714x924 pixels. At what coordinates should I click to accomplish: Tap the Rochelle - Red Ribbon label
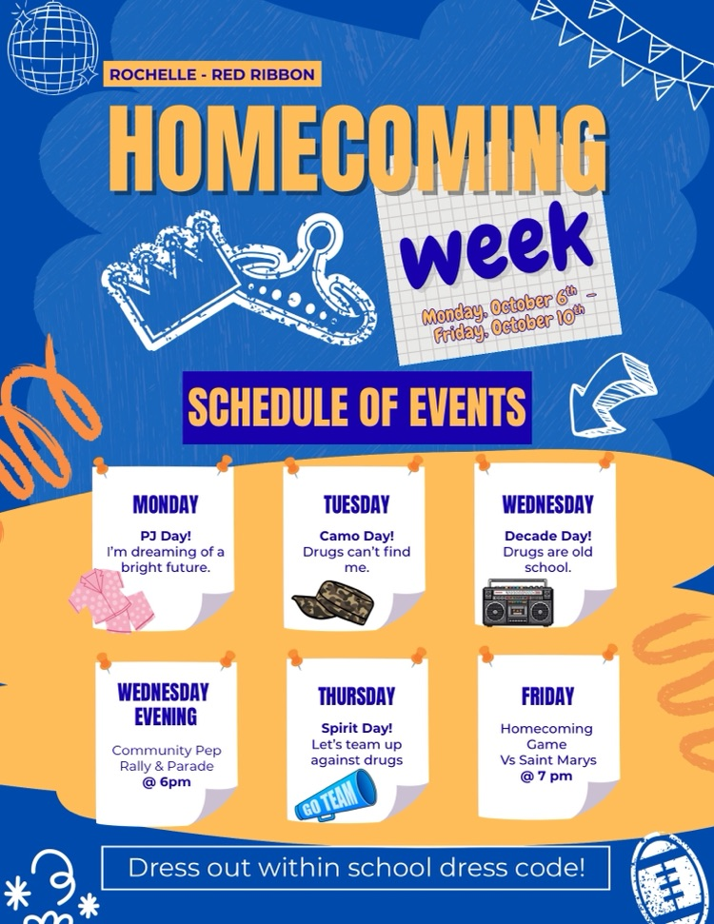(211, 73)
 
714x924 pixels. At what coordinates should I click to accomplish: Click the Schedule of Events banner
(357, 407)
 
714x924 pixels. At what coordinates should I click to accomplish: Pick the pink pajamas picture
(112, 600)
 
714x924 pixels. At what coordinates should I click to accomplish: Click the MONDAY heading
(166, 504)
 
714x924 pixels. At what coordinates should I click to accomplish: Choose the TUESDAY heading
(356, 504)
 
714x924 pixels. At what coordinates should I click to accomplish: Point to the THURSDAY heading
(356, 697)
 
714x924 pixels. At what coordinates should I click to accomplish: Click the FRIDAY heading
(547, 697)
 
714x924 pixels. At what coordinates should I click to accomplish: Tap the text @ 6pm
(167, 782)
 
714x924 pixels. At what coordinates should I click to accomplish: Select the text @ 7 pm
(546, 776)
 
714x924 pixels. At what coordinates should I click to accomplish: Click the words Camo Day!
(356, 536)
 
